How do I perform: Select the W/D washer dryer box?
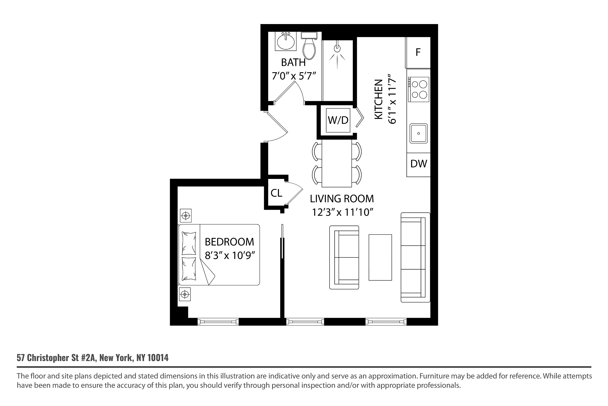pyautogui.click(x=338, y=120)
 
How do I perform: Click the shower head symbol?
pyautogui.click(x=337, y=49)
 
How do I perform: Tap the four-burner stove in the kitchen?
pyautogui.click(x=419, y=89)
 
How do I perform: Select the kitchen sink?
pyautogui.click(x=419, y=133)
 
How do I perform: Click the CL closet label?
pyautogui.click(x=276, y=193)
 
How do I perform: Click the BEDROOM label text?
pyautogui.click(x=229, y=242)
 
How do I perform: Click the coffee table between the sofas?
pyautogui.click(x=380, y=257)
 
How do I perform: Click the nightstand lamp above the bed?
pyautogui.click(x=185, y=216)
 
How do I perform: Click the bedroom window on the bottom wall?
pyautogui.click(x=218, y=322)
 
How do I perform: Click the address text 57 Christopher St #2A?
pyautogui.click(x=57, y=358)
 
